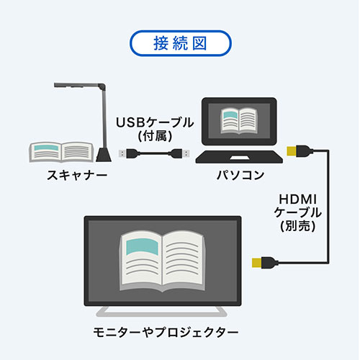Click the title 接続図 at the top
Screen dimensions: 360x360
pos(180,43)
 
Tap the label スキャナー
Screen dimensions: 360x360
pos(77,176)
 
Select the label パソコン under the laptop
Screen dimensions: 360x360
pos(240,175)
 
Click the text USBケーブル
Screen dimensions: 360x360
pos(155,122)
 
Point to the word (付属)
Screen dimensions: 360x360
pos(155,136)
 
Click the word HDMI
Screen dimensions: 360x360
pos(298,199)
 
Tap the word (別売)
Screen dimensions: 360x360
pos(298,225)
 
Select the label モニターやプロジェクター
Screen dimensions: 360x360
pos(166,333)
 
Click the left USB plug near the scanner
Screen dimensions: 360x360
pos(127,153)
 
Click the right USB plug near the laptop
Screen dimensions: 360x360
pos(181,153)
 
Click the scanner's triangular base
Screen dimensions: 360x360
pos(104,155)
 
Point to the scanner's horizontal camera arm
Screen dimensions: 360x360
pos(77,85)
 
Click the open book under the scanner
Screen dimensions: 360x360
pos(61,152)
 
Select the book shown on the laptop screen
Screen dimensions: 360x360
pos(239,120)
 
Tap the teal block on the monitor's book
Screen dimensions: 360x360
pos(142,246)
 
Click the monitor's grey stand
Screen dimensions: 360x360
pos(161,311)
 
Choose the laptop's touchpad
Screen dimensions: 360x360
pos(239,158)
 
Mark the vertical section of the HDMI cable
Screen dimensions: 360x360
pos(328,207)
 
